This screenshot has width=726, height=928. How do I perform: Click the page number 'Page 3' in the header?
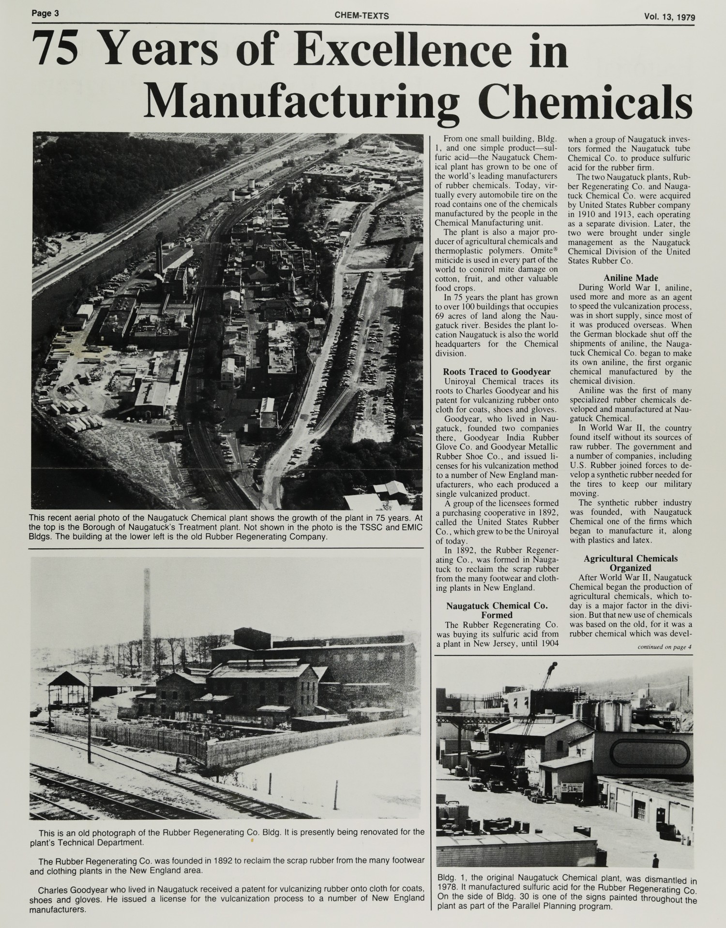coord(45,13)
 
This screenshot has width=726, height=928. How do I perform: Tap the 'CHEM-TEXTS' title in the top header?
coord(362,16)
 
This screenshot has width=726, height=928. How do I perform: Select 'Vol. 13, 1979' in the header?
coord(669,17)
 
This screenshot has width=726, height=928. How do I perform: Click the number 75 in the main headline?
coord(58,52)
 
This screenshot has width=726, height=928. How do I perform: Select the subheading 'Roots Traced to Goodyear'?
coord(497,371)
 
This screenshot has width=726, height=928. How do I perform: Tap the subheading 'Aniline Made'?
coord(631,278)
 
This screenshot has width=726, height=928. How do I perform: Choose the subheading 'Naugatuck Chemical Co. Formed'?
coord(497,610)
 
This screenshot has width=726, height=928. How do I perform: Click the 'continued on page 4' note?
coord(665,647)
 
